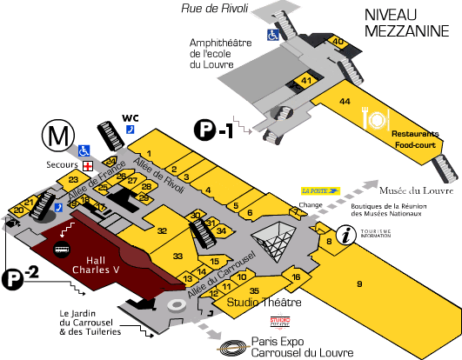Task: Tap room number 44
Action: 345,102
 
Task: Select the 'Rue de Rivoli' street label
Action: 214,9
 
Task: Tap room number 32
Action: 162,230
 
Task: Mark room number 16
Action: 297,277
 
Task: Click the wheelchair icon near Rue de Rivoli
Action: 273,36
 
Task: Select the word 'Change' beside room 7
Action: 311,206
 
